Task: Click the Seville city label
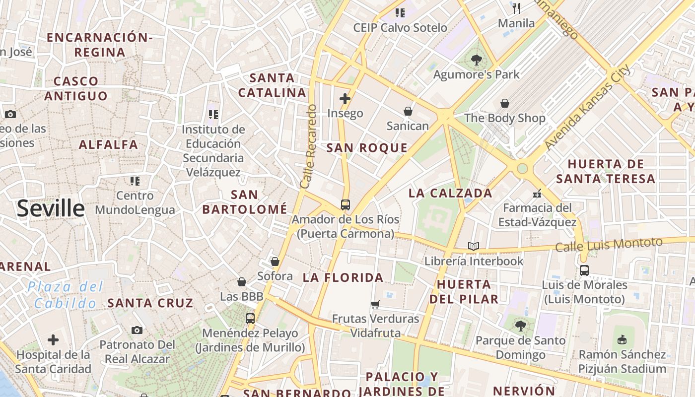tap(51, 208)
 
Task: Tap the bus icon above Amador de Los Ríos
tap(345, 204)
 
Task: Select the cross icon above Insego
tap(345, 99)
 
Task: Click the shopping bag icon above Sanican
tap(408, 111)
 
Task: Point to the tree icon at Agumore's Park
tap(476, 60)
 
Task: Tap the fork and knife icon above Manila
tap(516, 8)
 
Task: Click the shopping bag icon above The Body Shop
tap(504, 103)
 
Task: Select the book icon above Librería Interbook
tap(474, 246)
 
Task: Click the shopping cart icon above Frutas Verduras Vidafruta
tap(375, 304)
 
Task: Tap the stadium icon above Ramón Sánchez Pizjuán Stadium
tap(622, 339)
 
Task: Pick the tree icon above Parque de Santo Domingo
tap(520, 326)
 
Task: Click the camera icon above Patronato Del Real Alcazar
tap(137, 330)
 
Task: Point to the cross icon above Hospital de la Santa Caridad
tap(53, 340)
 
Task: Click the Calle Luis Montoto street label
tap(609, 245)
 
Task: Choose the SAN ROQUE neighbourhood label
tap(367, 148)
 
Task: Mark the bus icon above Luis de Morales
tap(584, 270)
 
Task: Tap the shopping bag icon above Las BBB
tap(242, 282)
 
